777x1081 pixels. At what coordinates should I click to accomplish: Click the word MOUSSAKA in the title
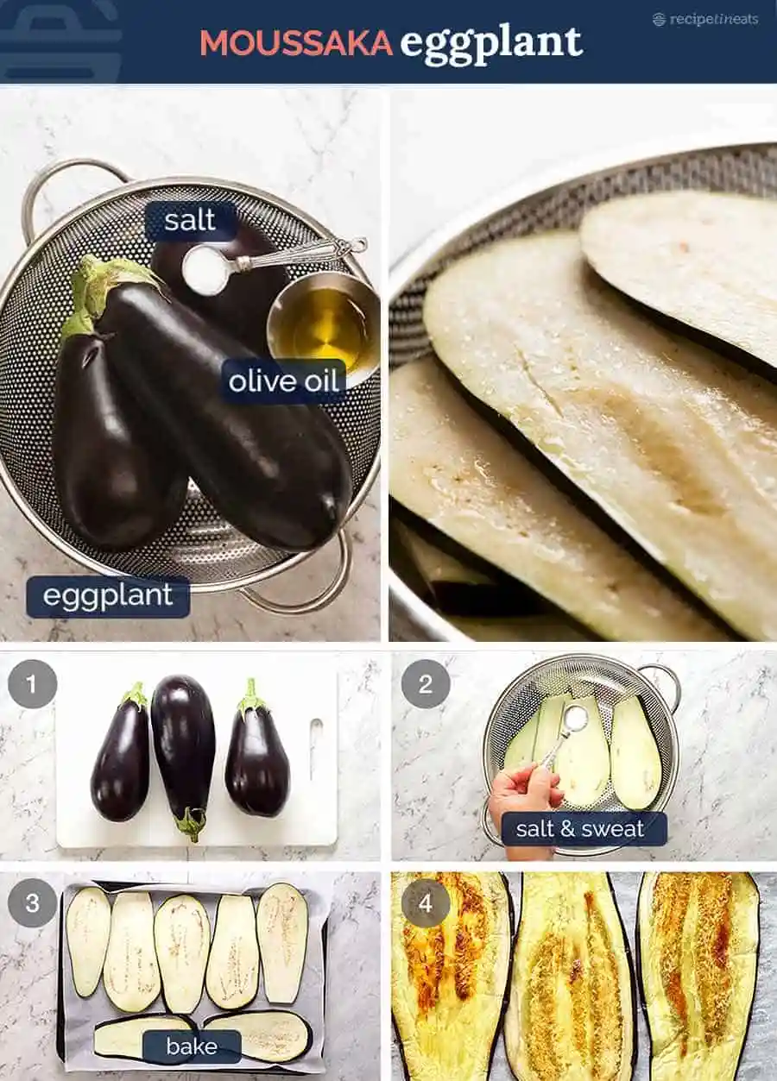pos(296,43)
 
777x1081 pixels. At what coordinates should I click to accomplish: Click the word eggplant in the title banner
pos(491,44)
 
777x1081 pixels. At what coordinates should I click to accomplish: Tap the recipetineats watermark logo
pos(705,19)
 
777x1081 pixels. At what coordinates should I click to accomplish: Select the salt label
pos(190,221)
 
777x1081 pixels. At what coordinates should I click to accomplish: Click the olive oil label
pos(284,381)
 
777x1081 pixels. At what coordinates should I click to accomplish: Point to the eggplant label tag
pos(108,595)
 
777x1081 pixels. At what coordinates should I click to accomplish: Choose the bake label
pos(192,1046)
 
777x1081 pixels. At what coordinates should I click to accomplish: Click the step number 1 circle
pos(32,684)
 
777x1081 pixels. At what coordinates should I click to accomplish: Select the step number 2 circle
pos(426,684)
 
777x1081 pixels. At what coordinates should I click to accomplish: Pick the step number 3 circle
pos(32,903)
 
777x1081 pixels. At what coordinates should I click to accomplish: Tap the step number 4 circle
pos(426,903)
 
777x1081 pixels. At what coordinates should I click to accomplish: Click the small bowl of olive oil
pos(323,323)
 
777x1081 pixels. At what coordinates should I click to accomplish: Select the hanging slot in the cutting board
pos(315,749)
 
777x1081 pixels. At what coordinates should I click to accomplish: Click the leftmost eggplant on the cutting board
pos(121,755)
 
